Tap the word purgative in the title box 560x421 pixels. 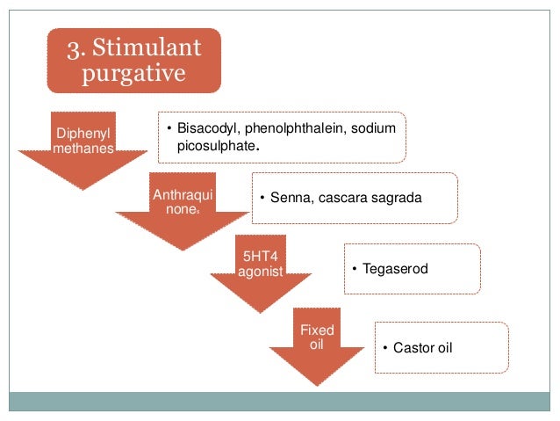point(133,74)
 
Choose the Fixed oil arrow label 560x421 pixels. point(317,338)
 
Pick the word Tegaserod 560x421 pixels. point(396,268)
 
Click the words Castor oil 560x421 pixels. point(424,348)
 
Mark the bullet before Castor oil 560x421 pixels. point(384,348)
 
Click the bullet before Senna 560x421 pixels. point(262,198)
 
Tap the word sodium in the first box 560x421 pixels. point(375,129)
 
